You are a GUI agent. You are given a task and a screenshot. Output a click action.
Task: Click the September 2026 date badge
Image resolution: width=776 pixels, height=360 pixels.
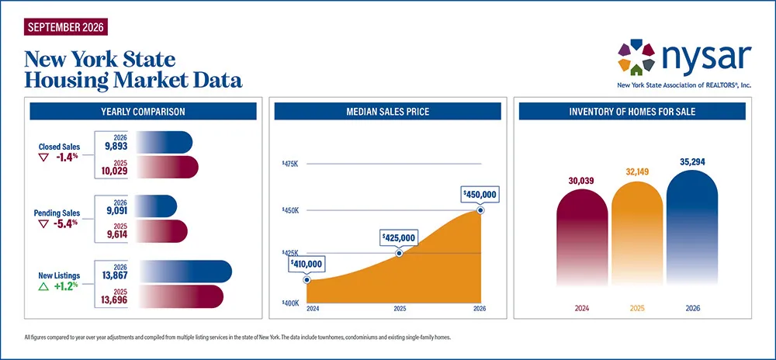point(65,26)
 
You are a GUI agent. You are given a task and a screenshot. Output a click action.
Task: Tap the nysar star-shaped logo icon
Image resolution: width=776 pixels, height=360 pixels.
point(636,57)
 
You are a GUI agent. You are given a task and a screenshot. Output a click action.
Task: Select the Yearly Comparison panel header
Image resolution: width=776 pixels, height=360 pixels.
point(143,111)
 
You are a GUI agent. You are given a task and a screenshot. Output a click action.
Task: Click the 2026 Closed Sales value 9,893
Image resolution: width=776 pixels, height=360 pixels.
point(116,146)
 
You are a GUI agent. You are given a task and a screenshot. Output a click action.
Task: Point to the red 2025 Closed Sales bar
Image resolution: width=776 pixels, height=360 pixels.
point(167,167)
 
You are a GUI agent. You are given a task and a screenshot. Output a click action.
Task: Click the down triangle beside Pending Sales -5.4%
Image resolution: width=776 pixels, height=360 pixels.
point(43,223)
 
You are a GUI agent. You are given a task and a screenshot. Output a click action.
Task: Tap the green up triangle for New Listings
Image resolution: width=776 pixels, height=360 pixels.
point(43,286)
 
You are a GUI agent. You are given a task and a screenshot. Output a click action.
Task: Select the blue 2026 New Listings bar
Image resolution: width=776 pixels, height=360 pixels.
point(184,272)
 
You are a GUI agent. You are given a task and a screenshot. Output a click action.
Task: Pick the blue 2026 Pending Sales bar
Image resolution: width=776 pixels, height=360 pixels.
point(156,206)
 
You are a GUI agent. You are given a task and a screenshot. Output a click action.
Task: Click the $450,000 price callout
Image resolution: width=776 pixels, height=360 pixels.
point(480,194)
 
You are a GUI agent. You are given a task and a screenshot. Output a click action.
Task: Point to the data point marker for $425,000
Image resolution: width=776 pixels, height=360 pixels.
point(400,253)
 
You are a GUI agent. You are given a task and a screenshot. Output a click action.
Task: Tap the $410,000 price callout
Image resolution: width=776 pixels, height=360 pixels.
point(307,264)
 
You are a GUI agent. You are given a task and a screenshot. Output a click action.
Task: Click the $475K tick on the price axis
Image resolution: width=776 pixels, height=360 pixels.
point(290,164)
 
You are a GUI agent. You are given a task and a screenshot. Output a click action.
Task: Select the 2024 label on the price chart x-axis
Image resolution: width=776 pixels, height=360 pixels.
point(314,309)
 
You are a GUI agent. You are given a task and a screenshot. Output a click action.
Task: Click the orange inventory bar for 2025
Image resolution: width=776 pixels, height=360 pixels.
point(637,234)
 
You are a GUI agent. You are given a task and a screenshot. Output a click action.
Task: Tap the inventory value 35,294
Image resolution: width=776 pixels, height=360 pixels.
point(692,161)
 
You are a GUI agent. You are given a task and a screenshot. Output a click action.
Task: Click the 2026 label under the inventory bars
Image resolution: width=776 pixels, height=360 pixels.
point(692,309)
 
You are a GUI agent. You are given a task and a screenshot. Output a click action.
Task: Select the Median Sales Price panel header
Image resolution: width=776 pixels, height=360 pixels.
point(387,111)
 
